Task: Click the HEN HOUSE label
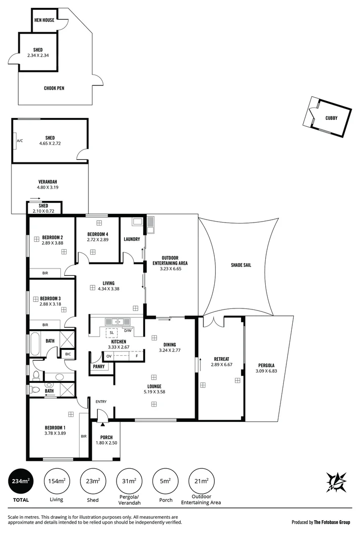[x=44, y=20]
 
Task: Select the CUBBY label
[x=331, y=118]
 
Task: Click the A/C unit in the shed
[x=20, y=141]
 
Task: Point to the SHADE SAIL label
[x=241, y=265]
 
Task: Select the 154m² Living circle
[x=56, y=481]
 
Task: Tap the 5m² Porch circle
[x=166, y=481]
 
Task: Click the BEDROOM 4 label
[x=97, y=234]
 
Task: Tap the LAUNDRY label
[x=132, y=239]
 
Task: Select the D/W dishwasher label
[x=127, y=331]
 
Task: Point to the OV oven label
[x=109, y=356]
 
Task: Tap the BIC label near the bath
[x=68, y=354]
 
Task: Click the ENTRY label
[x=101, y=402]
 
